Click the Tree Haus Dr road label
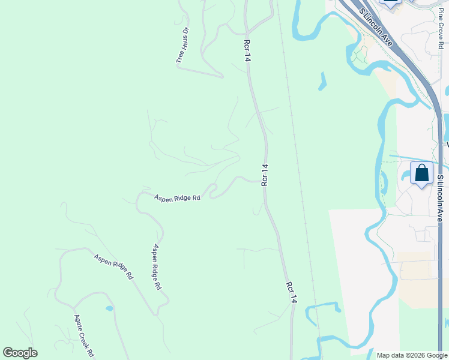pos(182,45)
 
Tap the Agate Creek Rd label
pos(84,335)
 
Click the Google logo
pos(20,353)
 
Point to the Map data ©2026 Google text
pos(412,355)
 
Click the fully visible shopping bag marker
pos(422,173)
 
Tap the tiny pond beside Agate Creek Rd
pos(109,308)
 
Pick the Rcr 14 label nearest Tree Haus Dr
pos(247,50)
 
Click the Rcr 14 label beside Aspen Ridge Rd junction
pos(264,175)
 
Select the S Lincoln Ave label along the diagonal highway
pos(376,28)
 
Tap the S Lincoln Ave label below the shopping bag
pos(440,199)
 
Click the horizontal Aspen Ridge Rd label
pos(177,197)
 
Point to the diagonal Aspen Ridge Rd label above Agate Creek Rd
pos(113,266)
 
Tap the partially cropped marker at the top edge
pos(391,4)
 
